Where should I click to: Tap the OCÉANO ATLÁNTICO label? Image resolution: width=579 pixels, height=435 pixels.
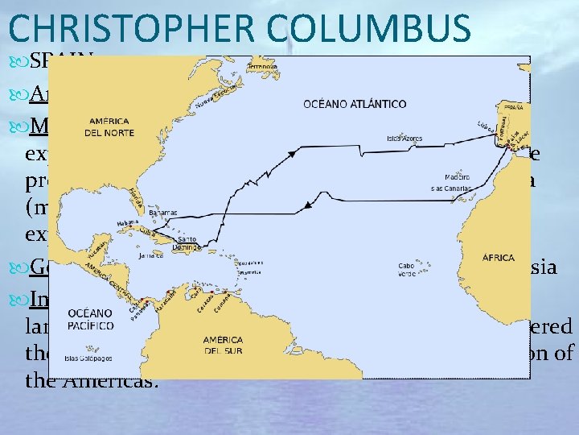tap(355, 104)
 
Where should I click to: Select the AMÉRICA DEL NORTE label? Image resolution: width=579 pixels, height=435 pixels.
tap(109, 126)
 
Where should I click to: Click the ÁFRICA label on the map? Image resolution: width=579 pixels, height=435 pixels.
tap(499, 258)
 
